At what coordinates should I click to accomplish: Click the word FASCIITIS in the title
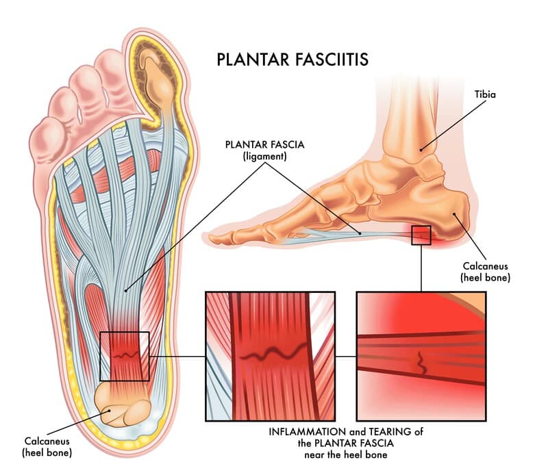(x=332, y=60)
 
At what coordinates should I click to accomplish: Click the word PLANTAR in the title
(x=253, y=60)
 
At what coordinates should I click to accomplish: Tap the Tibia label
(x=485, y=94)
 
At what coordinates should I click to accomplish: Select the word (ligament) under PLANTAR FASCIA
(x=265, y=157)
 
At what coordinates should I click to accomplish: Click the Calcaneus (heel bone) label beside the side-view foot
(x=485, y=272)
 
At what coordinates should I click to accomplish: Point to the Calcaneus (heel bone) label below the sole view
(x=47, y=447)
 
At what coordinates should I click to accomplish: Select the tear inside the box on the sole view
(x=125, y=356)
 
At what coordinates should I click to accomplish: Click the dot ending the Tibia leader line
(x=421, y=150)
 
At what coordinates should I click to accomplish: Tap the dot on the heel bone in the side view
(x=454, y=214)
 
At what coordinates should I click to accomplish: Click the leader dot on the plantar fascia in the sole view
(x=125, y=290)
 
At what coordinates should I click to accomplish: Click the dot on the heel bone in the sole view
(x=110, y=411)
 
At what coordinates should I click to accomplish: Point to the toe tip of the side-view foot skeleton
(x=210, y=239)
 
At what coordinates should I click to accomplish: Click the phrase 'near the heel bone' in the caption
(x=346, y=455)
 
